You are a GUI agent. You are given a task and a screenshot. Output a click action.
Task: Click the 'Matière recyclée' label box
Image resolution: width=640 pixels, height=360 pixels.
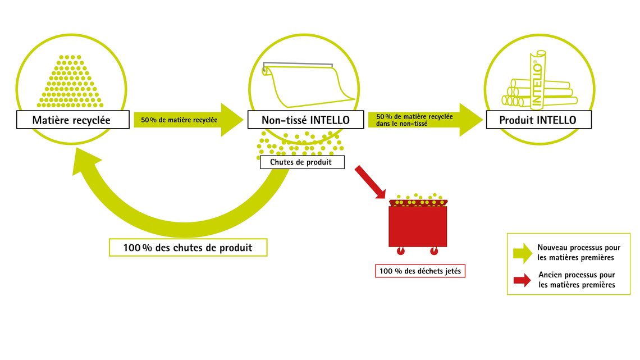(x=72, y=120)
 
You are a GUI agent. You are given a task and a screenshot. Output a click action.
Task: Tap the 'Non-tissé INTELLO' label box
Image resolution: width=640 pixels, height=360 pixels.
(x=306, y=120)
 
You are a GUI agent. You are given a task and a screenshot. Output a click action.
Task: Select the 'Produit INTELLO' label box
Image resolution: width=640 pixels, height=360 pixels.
(x=539, y=120)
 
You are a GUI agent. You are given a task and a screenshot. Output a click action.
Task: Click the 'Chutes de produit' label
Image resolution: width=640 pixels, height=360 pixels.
(x=302, y=162)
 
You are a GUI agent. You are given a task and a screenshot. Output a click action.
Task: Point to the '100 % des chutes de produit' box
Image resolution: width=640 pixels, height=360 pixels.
(x=188, y=247)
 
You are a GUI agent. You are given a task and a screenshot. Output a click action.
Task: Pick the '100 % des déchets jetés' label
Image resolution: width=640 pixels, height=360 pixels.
(x=420, y=271)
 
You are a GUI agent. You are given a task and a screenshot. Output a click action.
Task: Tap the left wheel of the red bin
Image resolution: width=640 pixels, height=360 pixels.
(x=400, y=251)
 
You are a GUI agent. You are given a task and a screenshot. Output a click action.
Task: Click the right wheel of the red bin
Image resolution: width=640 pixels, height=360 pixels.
(x=434, y=251)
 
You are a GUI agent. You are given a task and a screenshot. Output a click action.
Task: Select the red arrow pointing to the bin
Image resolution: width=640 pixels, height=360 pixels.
(x=370, y=182)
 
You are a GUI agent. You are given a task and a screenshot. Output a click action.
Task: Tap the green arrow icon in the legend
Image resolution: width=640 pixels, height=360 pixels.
(x=523, y=253)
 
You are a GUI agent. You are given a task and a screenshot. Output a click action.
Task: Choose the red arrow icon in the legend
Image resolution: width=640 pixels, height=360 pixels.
(x=522, y=280)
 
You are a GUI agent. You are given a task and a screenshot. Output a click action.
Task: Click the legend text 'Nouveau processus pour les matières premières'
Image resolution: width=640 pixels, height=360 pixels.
(x=579, y=252)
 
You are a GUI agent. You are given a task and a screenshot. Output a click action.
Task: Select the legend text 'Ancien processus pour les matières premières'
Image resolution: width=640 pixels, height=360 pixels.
(x=577, y=280)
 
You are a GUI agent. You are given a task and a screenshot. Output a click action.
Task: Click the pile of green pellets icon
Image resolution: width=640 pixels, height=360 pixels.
(x=70, y=81)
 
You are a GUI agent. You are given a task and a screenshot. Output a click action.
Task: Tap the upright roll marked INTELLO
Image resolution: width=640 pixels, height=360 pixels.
(x=538, y=80)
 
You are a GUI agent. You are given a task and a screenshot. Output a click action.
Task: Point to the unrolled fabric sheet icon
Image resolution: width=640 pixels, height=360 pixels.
(x=308, y=84)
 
